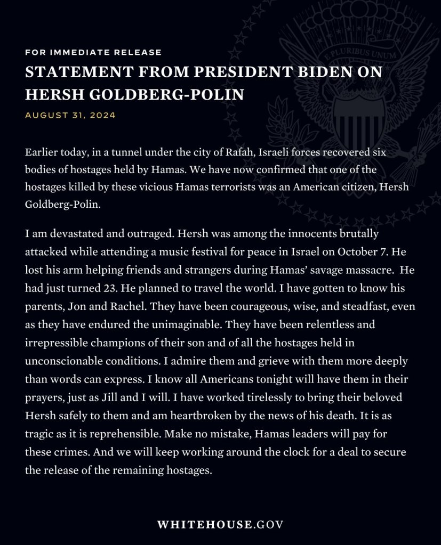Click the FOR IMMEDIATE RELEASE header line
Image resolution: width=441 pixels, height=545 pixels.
pos(93,52)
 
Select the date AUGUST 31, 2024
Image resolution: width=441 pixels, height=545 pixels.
pos(70,115)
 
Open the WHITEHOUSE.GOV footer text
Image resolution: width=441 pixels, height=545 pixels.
pos(220,524)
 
